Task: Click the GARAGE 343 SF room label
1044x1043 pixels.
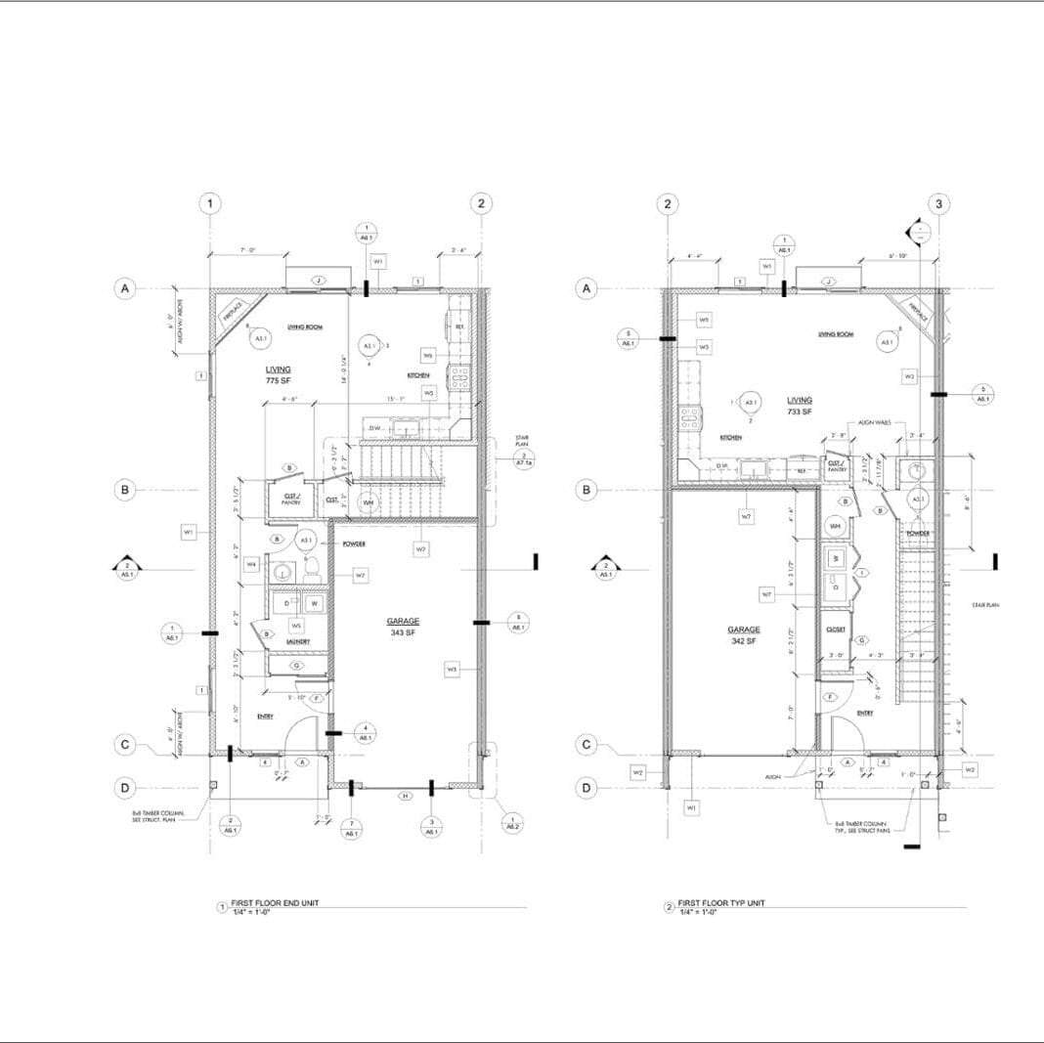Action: [403, 627]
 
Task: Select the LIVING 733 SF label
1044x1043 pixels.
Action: [801, 406]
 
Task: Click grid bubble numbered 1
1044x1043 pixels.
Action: [210, 203]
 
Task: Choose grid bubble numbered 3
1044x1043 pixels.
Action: [938, 203]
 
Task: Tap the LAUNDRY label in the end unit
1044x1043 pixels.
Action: [298, 641]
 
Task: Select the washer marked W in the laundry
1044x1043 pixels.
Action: [315, 604]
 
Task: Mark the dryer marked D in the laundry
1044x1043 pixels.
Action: [287, 604]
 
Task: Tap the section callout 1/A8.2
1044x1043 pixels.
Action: [511, 822]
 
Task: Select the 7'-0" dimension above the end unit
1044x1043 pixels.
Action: [248, 251]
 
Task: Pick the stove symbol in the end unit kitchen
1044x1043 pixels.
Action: [458, 377]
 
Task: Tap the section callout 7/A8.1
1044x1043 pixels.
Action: [351, 828]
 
